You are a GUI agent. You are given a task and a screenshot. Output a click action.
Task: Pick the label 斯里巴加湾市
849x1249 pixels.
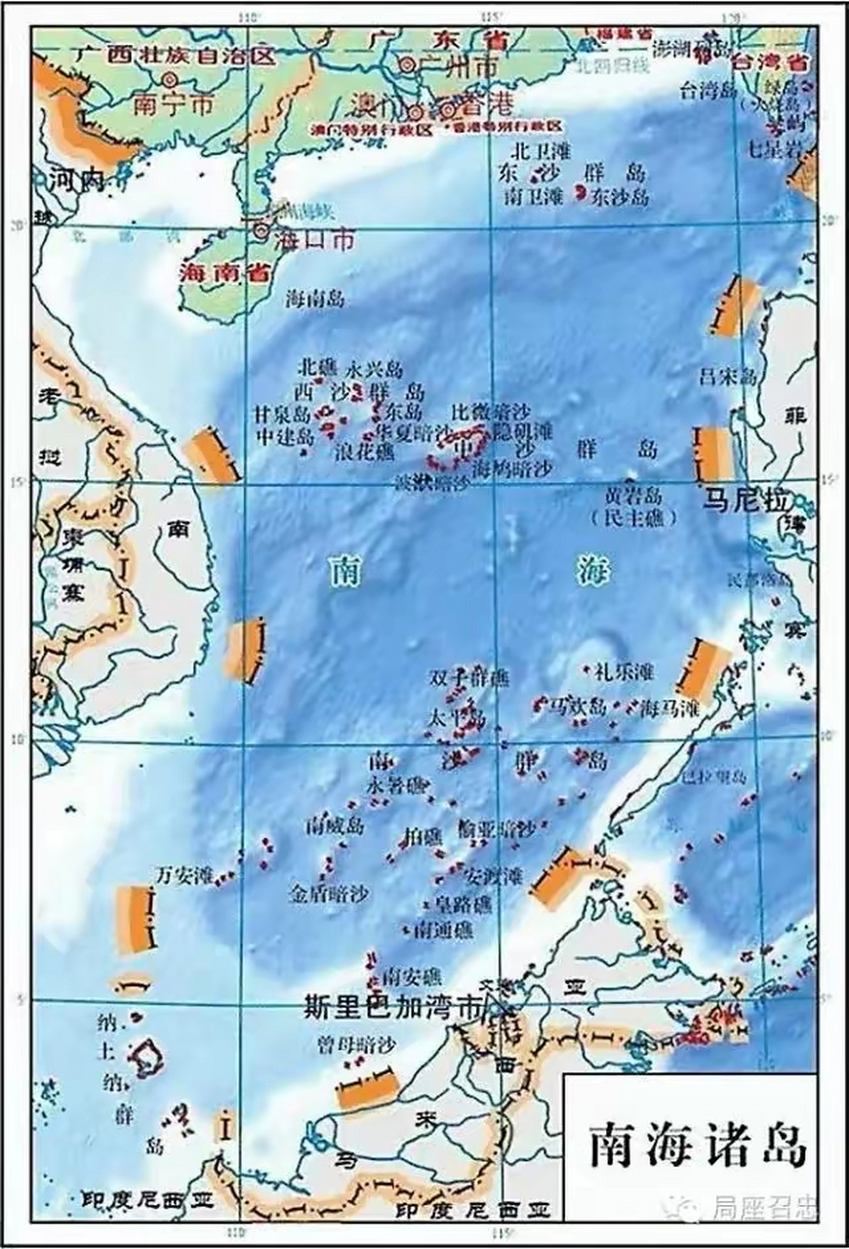click(393, 1009)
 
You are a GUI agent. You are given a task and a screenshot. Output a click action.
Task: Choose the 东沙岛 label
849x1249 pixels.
click(622, 196)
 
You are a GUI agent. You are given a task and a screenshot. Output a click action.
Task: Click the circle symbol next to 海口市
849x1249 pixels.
click(261, 230)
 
